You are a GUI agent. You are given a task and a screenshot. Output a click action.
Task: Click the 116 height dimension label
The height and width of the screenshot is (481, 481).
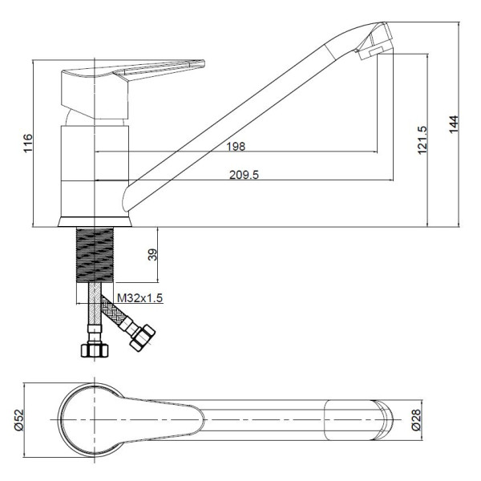(x=28, y=143)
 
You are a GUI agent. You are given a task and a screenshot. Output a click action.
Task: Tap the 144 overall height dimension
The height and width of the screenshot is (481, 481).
(x=454, y=124)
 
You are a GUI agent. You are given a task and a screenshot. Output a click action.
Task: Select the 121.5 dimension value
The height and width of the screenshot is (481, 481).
(x=422, y=139)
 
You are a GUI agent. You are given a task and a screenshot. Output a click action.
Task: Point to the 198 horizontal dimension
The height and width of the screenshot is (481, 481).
(x=236, y=147)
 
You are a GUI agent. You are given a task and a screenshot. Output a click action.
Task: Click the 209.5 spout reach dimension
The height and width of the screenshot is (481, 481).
(x=245, y=175)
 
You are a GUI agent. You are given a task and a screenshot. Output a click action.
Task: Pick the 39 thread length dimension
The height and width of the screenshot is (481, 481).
(x=152, y=254)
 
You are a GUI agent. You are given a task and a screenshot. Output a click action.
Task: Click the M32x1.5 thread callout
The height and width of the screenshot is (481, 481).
(x=139, y=298)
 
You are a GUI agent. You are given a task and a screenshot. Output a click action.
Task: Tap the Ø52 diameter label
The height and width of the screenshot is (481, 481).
(x=19, y=420)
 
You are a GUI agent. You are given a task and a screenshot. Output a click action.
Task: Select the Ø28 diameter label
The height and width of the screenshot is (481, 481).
(x=416, y=420)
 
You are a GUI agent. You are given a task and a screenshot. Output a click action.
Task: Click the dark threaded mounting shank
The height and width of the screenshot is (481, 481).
(x=95, y=255)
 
